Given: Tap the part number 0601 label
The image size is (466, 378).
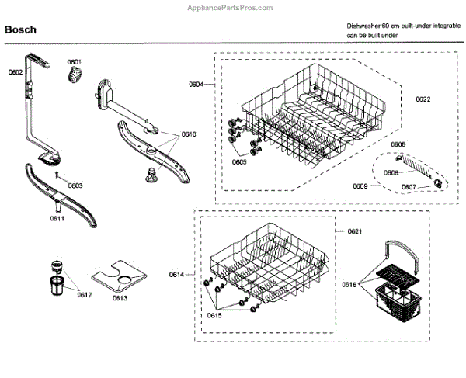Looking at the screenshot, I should click(75, 61).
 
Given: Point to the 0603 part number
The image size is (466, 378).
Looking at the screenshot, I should click(75, 186).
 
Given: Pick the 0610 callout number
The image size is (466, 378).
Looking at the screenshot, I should click(190, 134).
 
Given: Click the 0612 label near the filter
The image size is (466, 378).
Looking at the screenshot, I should click(84, 294).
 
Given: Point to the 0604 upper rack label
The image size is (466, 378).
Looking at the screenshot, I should click(196, 83).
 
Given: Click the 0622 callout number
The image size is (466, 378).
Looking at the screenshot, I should click(423, 99).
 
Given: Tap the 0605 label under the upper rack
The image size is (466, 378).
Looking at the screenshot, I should click(238, 162).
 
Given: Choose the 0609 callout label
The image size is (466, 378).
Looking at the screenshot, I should click(360, 186).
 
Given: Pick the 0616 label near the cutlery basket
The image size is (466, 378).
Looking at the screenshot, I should click(350, 285).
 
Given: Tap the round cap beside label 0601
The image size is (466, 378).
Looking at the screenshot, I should click(75, 75).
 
